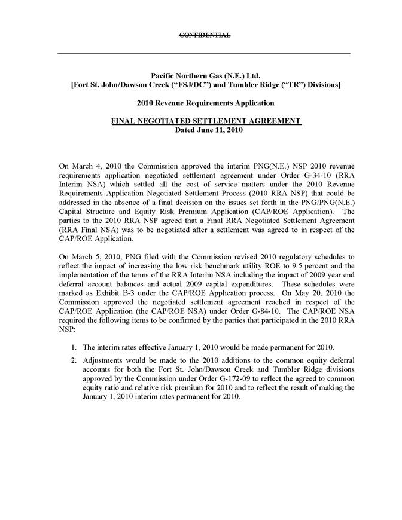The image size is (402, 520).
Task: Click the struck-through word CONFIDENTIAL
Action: pyautogui.click(x=205, y=36)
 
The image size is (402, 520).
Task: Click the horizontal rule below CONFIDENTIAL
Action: pyautogui.click(x=203, y=54)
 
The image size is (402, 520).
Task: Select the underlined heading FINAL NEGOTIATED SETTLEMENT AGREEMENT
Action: pyautogui.click(x=205, y=121)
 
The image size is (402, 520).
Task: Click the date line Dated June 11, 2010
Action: pyautogui.click(x=205, y=130)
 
